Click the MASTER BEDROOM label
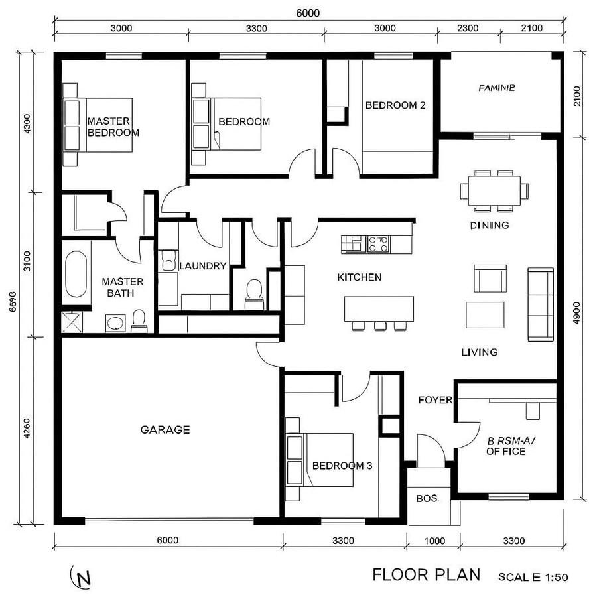pos(113,127)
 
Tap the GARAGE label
pos(165,430)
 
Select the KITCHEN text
pos(360,277)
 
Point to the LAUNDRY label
pos(203,266)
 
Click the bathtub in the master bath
pos(77,273)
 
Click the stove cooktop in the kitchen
pos(379,244)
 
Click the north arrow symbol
pos(81,578)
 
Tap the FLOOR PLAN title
pos(426,574)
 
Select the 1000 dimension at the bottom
pos(434,541)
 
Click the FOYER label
pos(435,400)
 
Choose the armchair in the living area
pos(489,278)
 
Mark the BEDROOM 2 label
pos(395,105)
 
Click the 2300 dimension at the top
pos(467,28)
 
